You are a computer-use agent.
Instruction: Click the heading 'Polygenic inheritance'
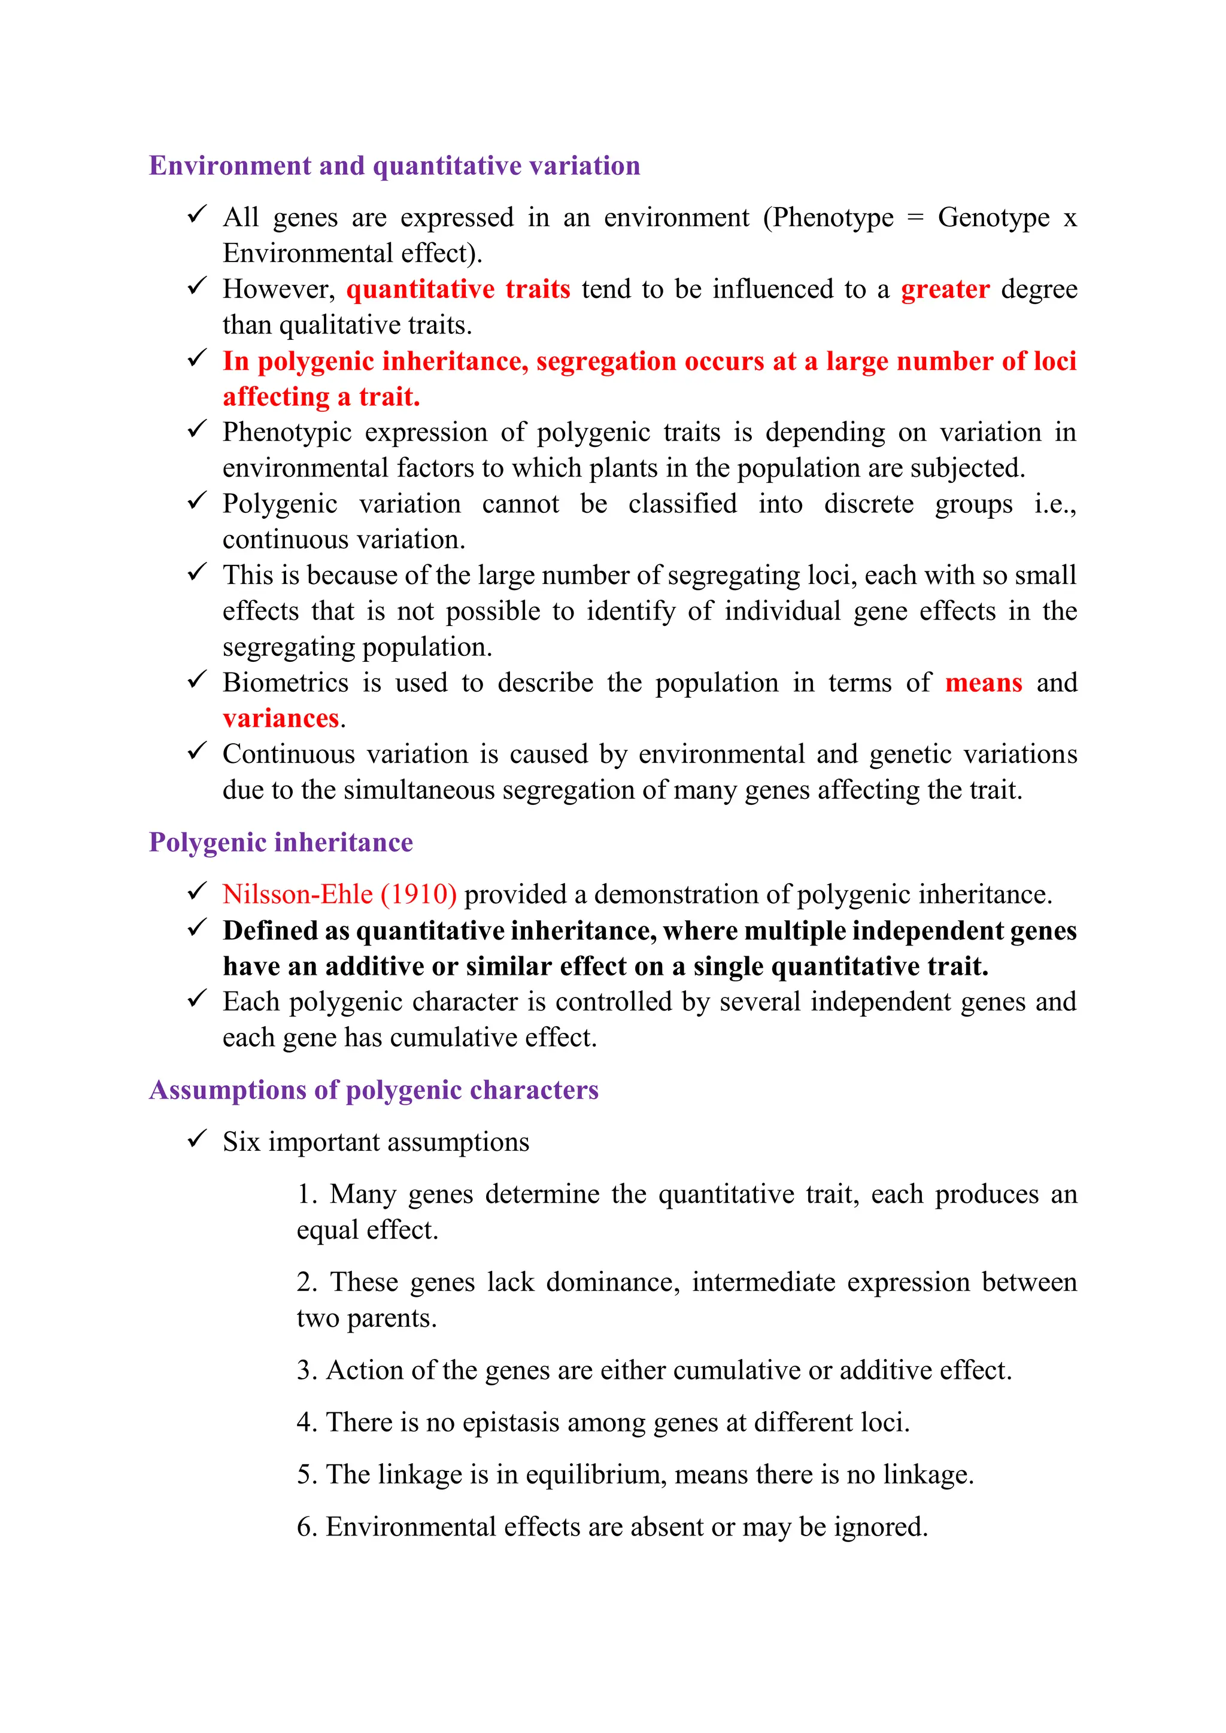tap(281, 841)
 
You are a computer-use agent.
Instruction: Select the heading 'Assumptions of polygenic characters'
tap(374, 1089)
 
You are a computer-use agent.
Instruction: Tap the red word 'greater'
tap(945, 289)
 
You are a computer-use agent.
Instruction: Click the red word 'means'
tap(984, 682)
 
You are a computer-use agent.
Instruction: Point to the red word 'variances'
tap(281, 719)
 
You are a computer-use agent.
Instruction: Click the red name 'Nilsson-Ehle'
tap(298, 895)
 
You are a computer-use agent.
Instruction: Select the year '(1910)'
tap(419, 895)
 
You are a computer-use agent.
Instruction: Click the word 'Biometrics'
tap(286, 682)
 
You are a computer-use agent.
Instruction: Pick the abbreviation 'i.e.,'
tap(1055, 503)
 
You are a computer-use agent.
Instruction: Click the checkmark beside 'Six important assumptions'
tap(197, 1138)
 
